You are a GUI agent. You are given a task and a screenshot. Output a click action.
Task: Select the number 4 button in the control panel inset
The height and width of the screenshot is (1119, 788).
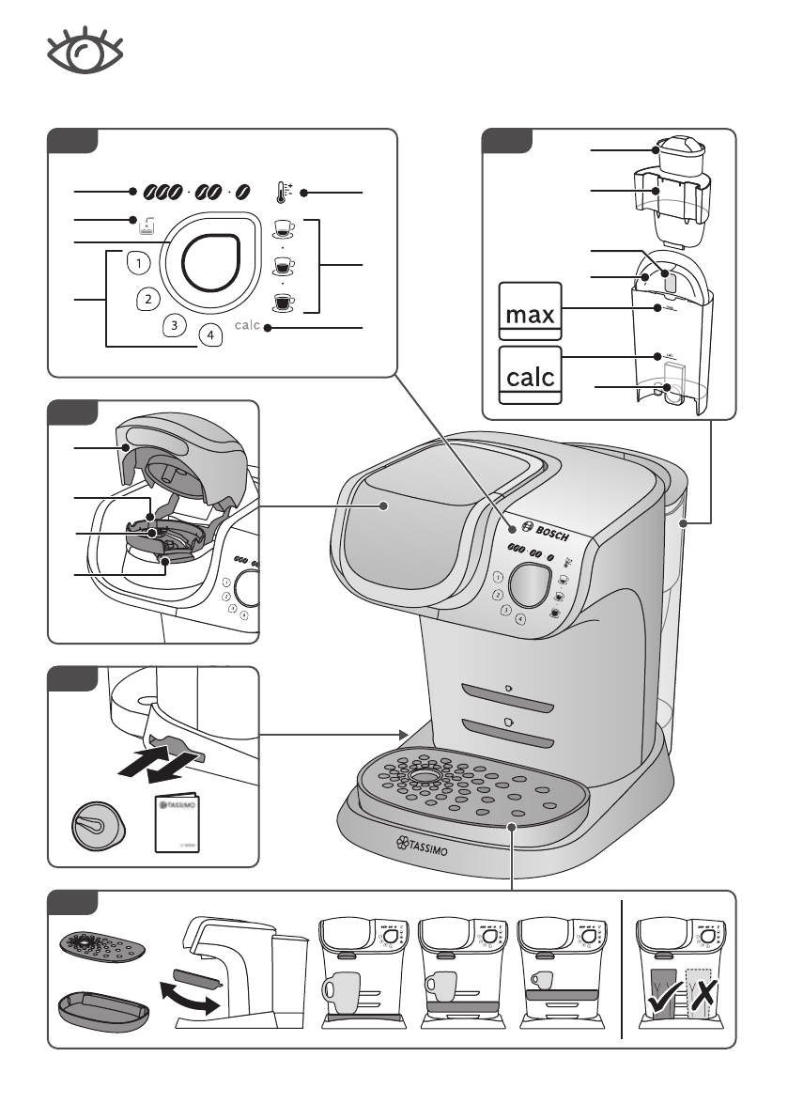[x=210, y=334]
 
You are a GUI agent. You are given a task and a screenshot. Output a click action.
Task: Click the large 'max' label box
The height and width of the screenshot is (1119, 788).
[x=530, y=313]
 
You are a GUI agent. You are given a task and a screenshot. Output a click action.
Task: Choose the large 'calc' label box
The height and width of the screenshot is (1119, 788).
[x=530, y=375]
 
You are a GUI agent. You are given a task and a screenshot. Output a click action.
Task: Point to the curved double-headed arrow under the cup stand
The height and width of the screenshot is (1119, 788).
[x=192, y=995]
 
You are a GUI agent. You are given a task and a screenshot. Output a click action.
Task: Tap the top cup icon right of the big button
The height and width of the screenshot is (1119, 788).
[x=282, y=226]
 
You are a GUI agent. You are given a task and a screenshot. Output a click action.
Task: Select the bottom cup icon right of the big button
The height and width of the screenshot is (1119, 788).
[x=282, y=302]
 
